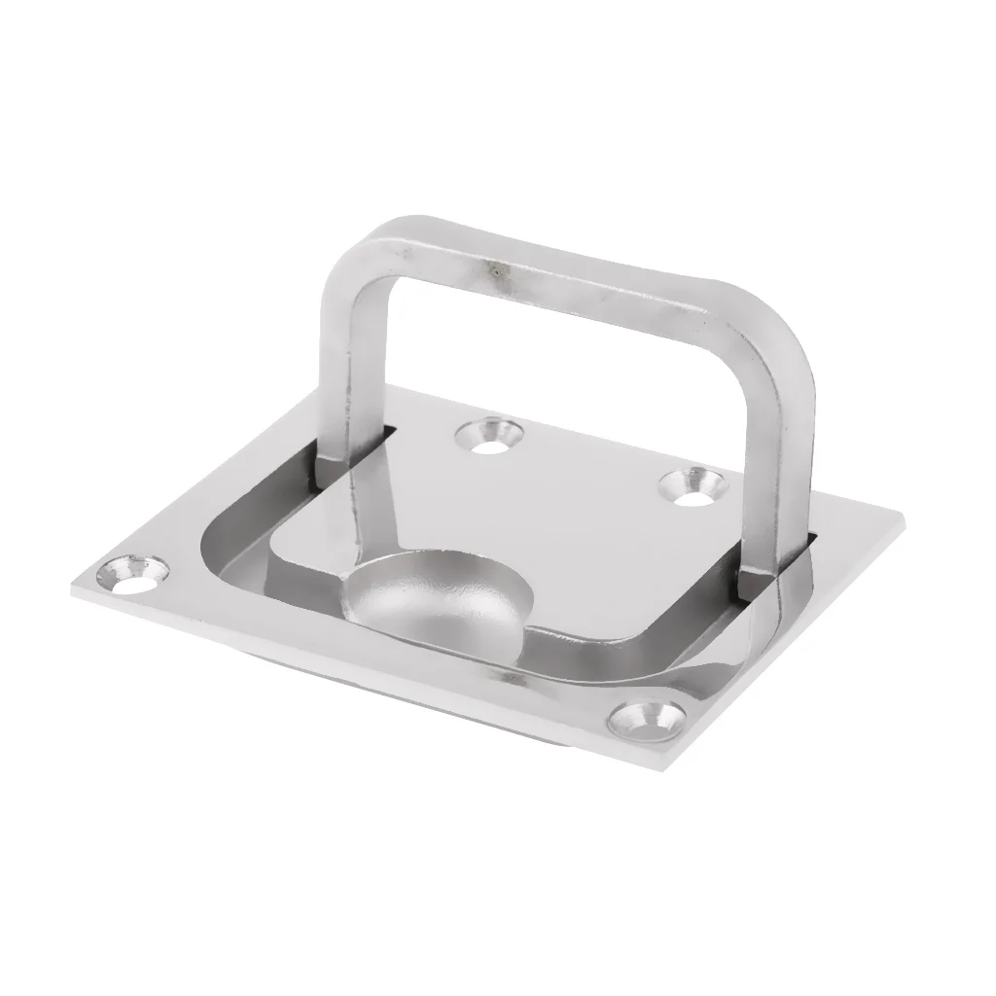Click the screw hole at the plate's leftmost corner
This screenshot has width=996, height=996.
[x=136, y=573]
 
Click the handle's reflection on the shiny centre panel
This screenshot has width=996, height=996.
[x=370, y=516]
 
